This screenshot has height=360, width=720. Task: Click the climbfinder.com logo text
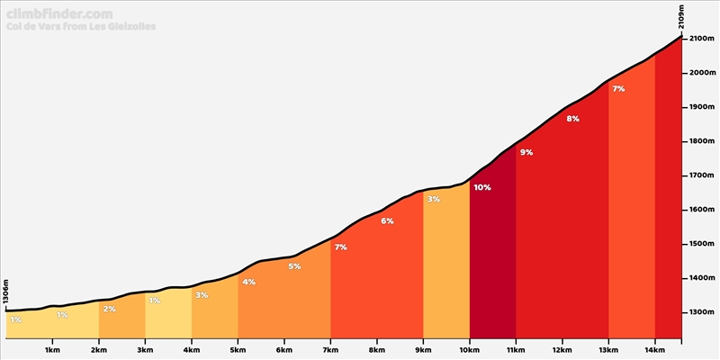(x=59, y=14)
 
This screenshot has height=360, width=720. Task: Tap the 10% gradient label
(x=481, y=187)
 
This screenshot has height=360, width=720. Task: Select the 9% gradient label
(x=526, y=152)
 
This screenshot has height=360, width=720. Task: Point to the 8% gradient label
(x=573, y=118)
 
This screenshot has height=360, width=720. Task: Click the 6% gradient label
(x=387, y=220)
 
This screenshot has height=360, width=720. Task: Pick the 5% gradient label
(x=294, y=266)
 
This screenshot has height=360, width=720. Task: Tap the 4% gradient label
(x=248, y=282)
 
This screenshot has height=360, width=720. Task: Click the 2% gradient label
(x=109, y=309)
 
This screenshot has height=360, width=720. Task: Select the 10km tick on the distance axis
(x=469, y=350)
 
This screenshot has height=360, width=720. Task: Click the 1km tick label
(x=51, y=350)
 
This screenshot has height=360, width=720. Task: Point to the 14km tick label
(x=654, y=350)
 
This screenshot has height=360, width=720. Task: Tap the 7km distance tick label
(x=329, y=350)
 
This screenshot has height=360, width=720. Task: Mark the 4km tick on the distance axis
(x=191, y=350)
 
